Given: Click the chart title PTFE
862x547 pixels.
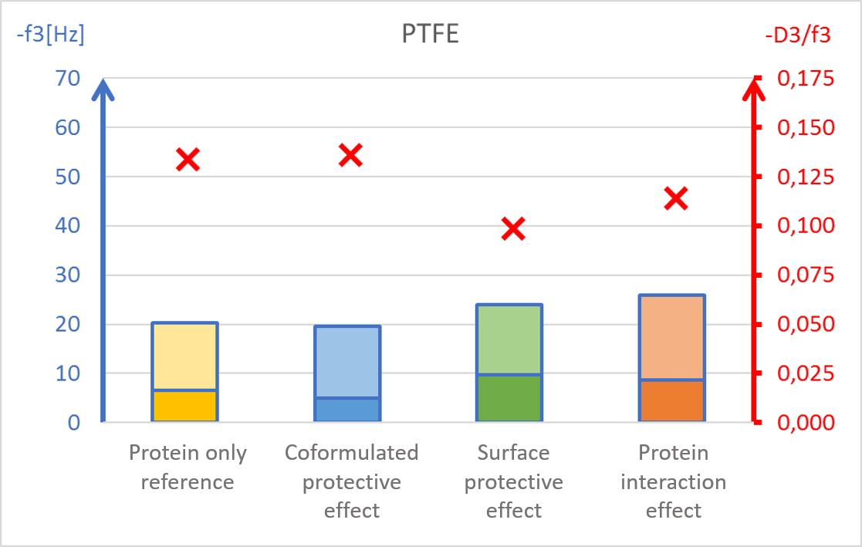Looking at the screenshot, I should (x=430, y=35).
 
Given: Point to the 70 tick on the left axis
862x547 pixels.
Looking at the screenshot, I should (x=67, y=79).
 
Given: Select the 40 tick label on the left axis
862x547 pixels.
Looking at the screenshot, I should (x=67, y=226).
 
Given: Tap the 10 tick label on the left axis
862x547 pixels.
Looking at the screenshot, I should (x=67, y=373).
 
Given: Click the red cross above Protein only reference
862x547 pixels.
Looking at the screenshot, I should (x=188, y=160).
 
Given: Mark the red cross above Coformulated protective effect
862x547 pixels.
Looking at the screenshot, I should (x=350, y=155).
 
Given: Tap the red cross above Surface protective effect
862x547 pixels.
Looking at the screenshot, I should (x=513, y=228).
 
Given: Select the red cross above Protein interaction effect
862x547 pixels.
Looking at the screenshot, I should (x=676, y=198).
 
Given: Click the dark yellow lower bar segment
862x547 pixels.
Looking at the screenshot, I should (x=184, y=406).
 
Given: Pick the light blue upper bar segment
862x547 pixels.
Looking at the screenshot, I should (x=347, y=362).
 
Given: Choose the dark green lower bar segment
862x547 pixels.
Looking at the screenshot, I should (x=509, y=398).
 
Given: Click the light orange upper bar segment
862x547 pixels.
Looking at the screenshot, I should (x=672, y=337).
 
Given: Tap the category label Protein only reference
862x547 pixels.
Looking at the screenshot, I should (x=188, y=468).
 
